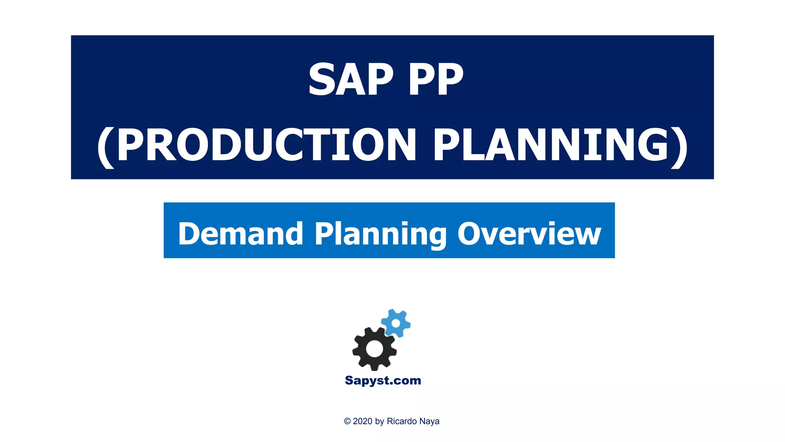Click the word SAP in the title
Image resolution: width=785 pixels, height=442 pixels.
(351, 79)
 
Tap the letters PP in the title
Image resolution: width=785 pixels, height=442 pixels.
(436, 79)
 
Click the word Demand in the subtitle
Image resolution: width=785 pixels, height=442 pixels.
(241, 233)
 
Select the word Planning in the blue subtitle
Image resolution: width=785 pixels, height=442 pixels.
(381, 234)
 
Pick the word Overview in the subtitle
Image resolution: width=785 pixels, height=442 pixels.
(529, 233)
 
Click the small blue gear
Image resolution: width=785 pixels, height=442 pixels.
(396, 323)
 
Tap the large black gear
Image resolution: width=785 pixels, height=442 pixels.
(374, 348)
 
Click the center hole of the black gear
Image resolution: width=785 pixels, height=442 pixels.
(374, 348)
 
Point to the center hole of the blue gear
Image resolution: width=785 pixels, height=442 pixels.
(396, 323)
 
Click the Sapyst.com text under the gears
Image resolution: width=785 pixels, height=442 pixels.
(383, 380)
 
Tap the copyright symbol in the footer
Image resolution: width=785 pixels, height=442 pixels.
(347, 421)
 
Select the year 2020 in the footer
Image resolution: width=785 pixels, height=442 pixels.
(363, 421)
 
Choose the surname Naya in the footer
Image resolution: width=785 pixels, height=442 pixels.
(429, 421)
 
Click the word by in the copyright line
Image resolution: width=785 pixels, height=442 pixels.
(379, 421)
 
